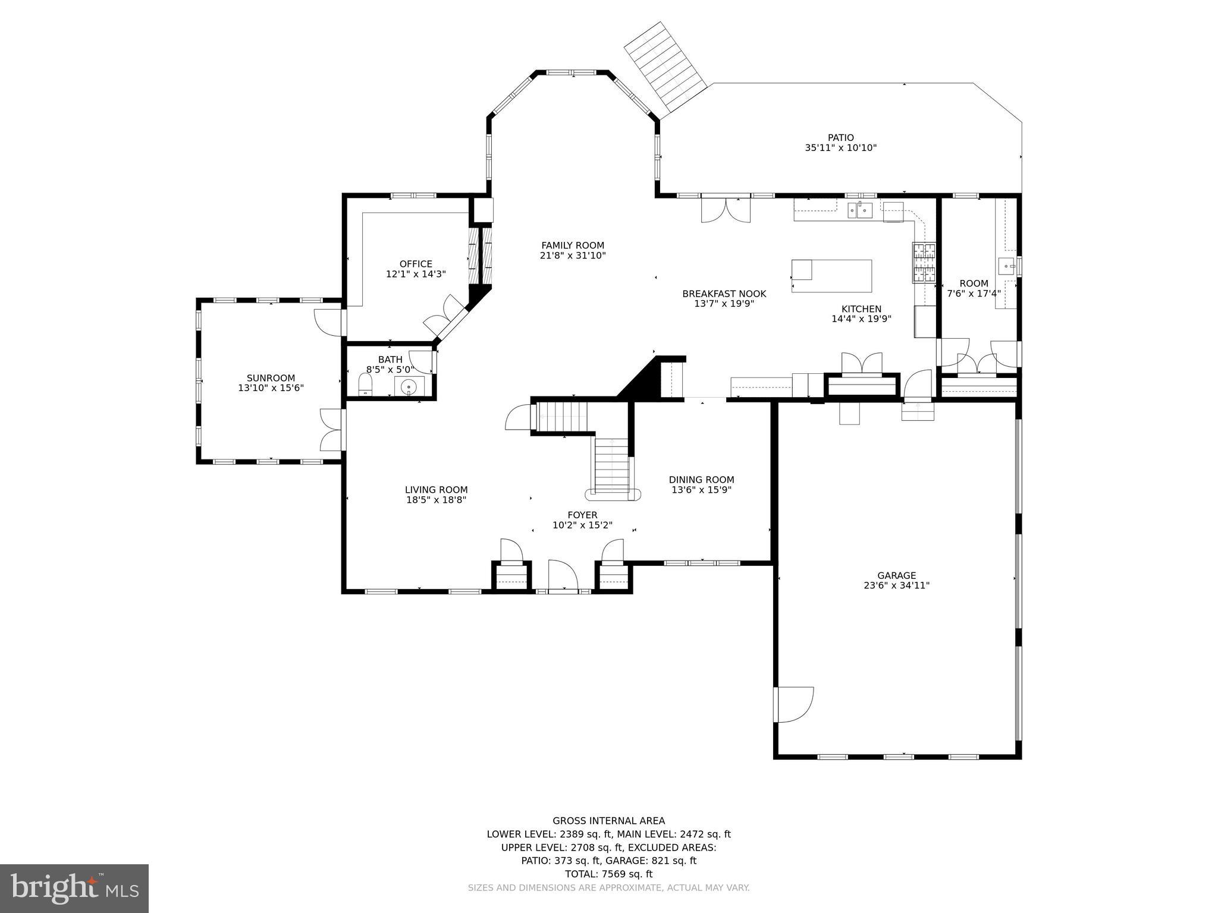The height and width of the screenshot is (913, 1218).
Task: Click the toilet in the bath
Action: [365, 385]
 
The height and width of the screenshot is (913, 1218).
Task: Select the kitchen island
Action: [831, 276]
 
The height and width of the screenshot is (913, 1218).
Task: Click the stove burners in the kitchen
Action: [924, 263]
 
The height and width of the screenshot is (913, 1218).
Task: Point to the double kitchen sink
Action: [860, 210]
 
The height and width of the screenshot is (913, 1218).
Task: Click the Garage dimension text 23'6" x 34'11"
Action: [896, 585]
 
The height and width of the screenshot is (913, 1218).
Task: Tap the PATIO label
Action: [840, 138]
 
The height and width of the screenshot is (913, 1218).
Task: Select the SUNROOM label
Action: [271, 378]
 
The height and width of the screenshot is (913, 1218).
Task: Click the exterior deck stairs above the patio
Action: [664, 67]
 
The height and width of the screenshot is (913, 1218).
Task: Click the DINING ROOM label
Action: [701, 480]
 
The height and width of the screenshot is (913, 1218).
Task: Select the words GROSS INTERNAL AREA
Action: [608, 821]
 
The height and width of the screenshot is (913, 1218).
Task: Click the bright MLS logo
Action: [74, 888]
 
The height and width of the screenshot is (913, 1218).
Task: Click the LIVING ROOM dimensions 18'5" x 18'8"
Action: [436, 500]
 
